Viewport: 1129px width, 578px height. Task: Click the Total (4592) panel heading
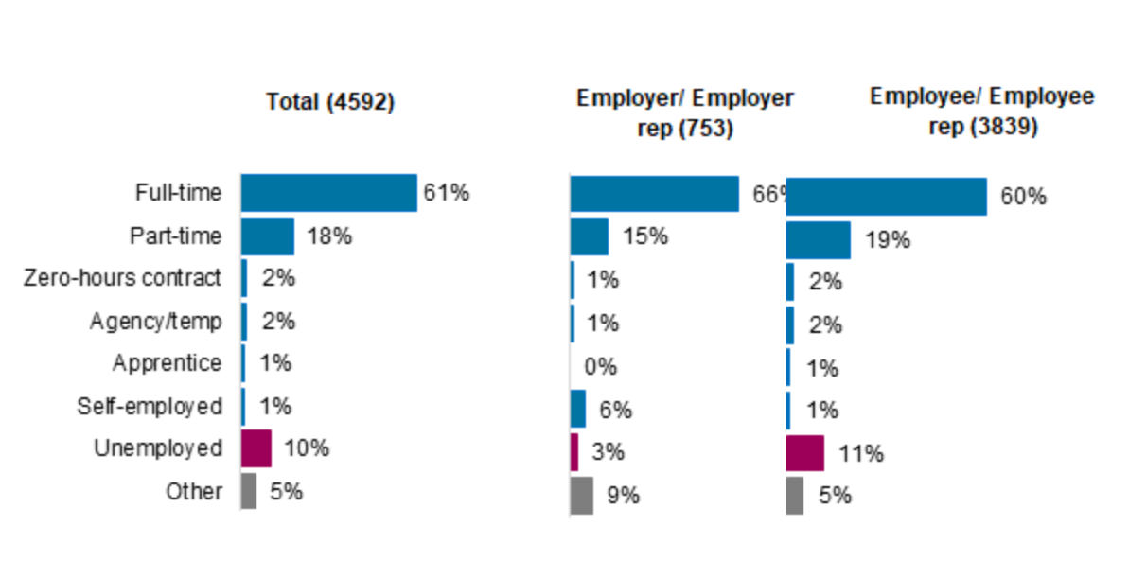(x=329, y=102)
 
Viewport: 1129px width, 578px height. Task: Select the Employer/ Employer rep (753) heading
(x=684, y=112)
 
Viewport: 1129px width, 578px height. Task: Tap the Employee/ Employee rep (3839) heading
(x=981, y=110)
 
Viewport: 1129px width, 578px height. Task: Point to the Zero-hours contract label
(x=122, y=278)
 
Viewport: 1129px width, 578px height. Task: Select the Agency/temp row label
(x=155, y=321)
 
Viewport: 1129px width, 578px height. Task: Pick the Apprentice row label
(x=167, y=363)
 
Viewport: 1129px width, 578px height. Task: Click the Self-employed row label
(x=150, y=407)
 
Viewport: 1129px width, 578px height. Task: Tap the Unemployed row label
(x=158, y=448)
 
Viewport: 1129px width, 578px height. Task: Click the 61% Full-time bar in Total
(x=328, y=193)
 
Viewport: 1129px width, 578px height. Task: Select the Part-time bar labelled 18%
(x=267, y=236)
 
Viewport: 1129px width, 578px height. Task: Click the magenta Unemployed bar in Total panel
(x=256, y=448)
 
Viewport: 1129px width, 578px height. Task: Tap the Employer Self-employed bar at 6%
(x=577, y=409)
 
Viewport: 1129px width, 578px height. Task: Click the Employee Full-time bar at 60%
(x=886, y=197)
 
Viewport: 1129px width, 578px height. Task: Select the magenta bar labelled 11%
(x=804, y=453)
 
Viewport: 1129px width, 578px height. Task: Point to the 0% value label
(x=601, y=367)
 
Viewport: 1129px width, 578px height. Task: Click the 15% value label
(x=644, y=236)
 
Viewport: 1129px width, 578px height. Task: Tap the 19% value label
(x=887, y=240)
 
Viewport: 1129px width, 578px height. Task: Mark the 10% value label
(x=306, y=448)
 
